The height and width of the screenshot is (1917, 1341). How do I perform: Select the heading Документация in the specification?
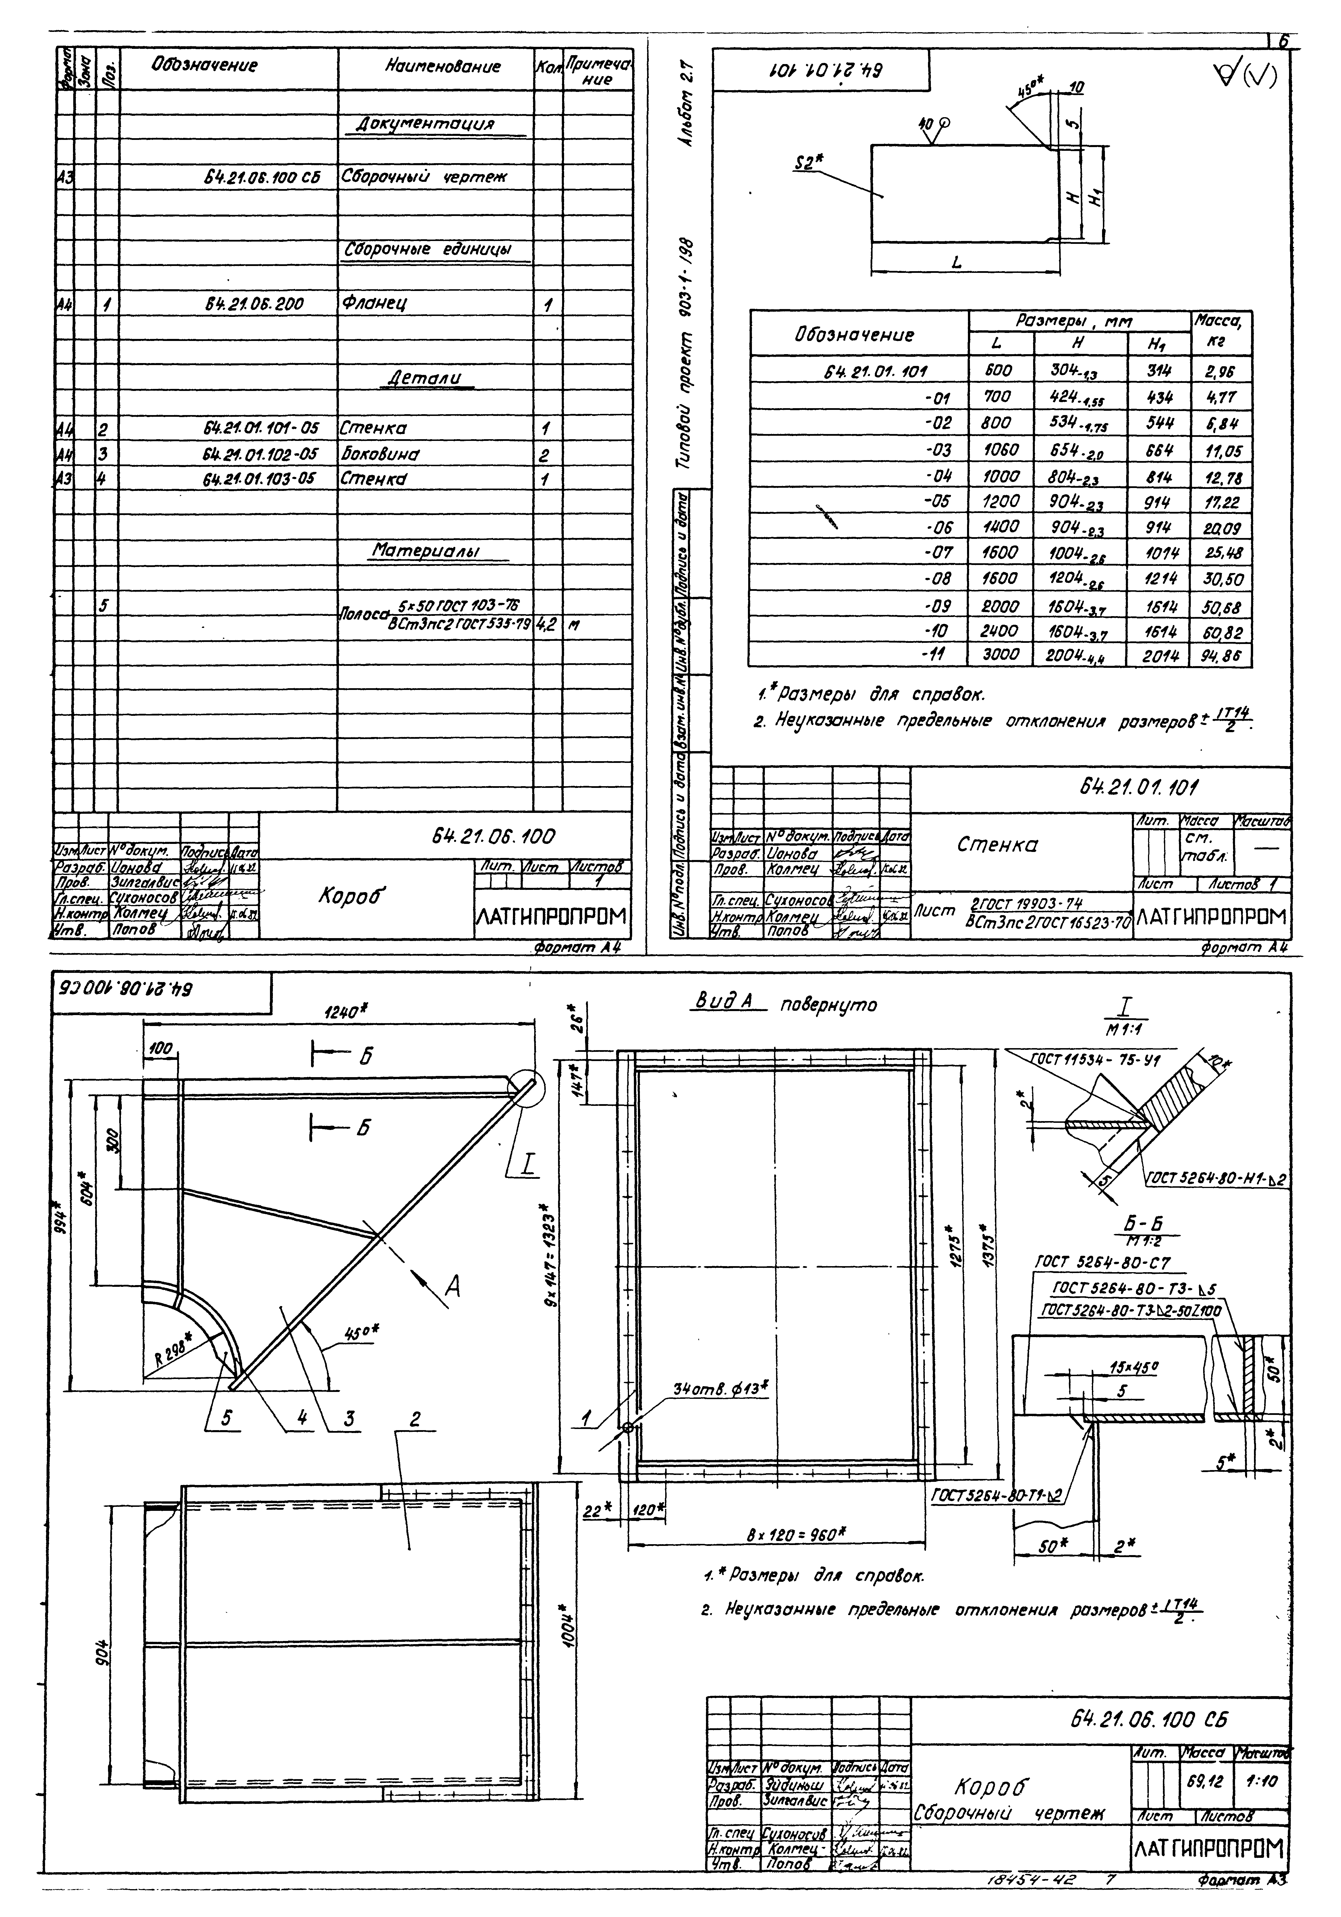pos(426,124)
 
